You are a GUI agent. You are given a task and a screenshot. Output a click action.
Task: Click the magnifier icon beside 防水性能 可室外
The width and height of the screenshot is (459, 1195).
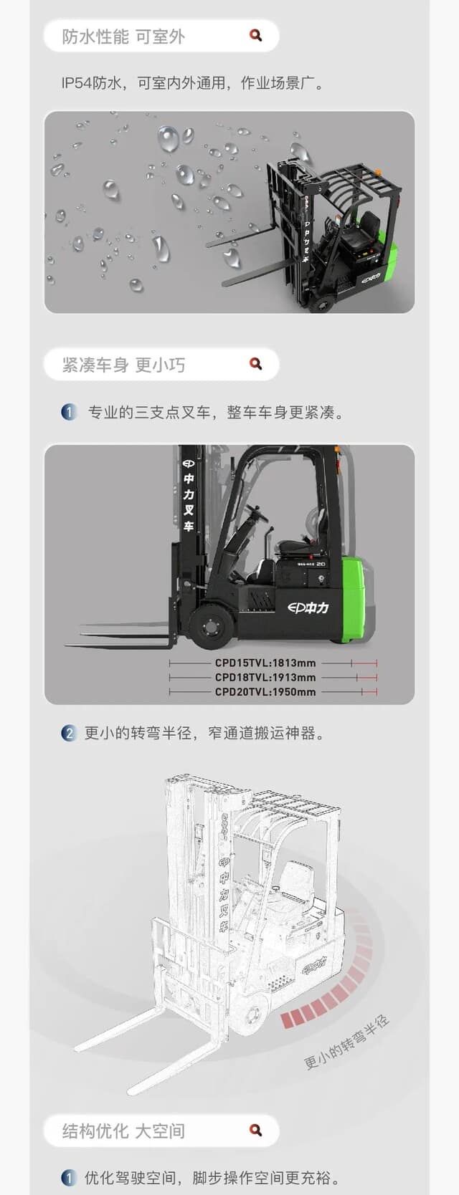(255, 35)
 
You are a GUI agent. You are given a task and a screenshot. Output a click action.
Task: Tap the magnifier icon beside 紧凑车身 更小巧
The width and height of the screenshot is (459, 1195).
(255, 364)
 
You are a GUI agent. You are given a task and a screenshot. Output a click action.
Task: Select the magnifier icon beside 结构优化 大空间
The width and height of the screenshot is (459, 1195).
(255, 1130)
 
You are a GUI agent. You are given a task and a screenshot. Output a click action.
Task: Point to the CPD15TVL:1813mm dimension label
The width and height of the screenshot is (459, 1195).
(265, 663)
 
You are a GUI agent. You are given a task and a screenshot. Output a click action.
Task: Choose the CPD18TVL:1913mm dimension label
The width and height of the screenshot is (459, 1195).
(265, 678)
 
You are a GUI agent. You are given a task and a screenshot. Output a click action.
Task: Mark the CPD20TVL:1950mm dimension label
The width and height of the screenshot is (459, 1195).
(265, 692)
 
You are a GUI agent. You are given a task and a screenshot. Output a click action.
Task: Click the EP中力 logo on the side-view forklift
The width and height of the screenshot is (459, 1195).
(308, 608)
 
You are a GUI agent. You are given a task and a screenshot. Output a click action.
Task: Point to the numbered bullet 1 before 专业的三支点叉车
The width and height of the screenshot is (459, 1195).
(69, 413)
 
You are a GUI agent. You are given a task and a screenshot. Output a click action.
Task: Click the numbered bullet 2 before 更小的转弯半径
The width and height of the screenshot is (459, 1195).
(69, 733)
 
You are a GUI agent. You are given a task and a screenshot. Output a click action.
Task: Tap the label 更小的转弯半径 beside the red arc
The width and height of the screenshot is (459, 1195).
(347, 1042)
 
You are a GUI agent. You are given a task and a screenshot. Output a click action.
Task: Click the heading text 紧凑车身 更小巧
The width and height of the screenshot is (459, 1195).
(123, 365)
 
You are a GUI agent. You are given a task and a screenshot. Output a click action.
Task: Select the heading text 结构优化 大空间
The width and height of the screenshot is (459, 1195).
(123, 1131)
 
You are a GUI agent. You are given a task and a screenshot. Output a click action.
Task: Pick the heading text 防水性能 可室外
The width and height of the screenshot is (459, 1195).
(123, 37)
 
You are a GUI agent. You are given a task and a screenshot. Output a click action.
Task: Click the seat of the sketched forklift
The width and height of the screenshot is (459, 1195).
(294, 880)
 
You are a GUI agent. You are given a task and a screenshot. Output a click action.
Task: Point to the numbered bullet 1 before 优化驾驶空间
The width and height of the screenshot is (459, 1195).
(69, 1177)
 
